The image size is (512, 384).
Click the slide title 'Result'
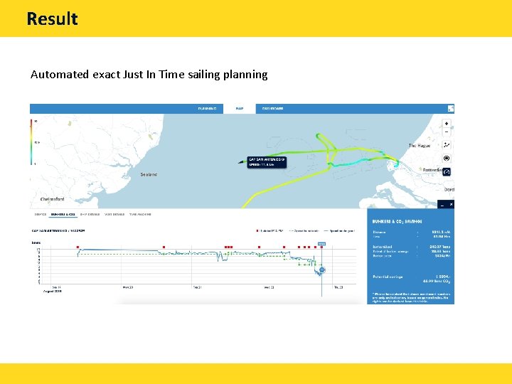point(52,18)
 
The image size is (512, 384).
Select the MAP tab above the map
point(240,108)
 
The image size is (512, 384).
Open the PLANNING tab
point(207,108)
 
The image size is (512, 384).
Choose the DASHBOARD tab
point(272,108)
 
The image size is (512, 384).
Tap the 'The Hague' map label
point(420,146)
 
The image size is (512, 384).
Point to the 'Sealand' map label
point(149,174)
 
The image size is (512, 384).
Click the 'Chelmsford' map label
point(47,199)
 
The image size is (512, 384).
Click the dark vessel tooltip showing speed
point(266,161)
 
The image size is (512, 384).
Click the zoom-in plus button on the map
point(447,124)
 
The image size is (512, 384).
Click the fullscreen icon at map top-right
point(450,108)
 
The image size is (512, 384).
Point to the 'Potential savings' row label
point(388,276)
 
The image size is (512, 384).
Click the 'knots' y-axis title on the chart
point(36,242)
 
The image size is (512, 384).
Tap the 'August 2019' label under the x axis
point(53,291)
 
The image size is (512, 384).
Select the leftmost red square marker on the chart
point(78,247)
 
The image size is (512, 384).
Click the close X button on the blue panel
point(450,204)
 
